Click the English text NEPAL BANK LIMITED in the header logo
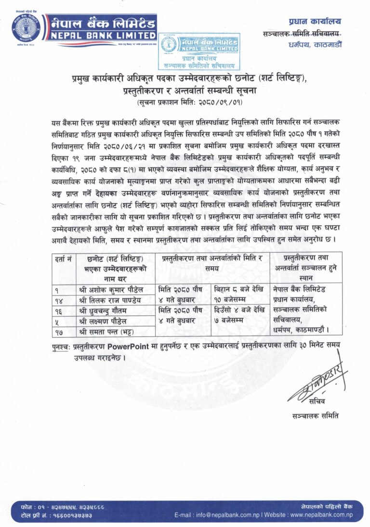101,35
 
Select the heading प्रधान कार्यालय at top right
315,21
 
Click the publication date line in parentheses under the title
185,102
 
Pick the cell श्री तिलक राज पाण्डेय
110,300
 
